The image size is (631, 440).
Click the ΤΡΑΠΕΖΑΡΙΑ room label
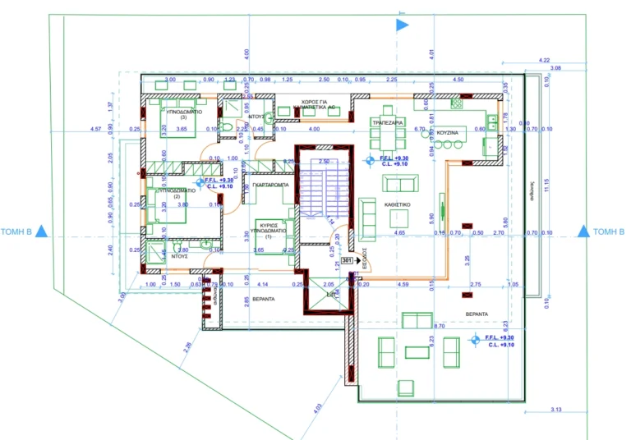(386, 121)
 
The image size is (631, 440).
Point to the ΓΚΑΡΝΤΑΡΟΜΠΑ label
(269, 186)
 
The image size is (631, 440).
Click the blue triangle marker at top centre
(402, 25)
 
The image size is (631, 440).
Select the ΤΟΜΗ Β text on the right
(609, 232)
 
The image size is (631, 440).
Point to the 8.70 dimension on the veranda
(440, 326)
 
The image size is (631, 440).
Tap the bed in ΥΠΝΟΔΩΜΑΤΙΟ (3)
(177, 123)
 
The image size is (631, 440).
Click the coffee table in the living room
(398, 218)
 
